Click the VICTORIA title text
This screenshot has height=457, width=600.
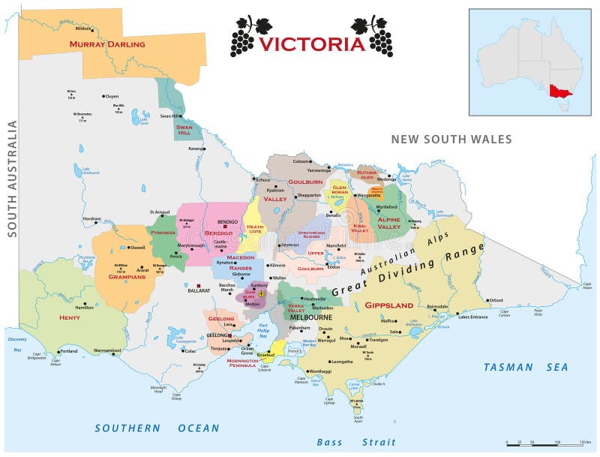[311, 44]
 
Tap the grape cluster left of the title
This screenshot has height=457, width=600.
[243, 35]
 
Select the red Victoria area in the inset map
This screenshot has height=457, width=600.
[559, 92]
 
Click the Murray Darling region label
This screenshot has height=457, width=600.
[107, 44]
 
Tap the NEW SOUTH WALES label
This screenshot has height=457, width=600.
[451, 140]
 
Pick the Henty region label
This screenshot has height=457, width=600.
[69, 317]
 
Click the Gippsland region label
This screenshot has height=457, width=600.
[388, 305]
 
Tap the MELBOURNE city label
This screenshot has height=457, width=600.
[310, 317]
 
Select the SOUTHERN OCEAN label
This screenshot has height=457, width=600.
[157, 428]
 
